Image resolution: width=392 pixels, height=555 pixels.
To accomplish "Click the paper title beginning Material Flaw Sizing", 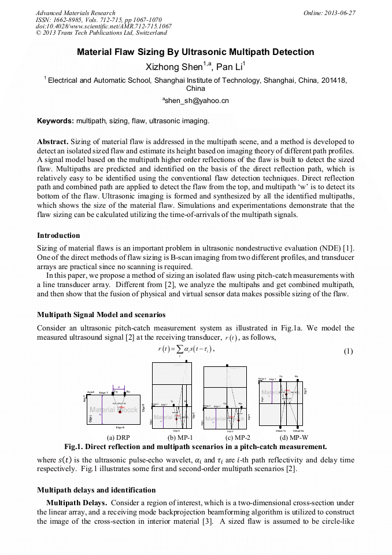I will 195,52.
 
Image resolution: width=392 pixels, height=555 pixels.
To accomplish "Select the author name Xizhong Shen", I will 172,67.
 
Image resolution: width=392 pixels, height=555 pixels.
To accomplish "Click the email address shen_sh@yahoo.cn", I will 197,101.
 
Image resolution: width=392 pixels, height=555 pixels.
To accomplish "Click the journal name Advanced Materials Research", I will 75,13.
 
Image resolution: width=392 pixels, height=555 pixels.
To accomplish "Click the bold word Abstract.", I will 53,141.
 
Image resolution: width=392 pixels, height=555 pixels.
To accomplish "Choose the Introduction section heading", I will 58,236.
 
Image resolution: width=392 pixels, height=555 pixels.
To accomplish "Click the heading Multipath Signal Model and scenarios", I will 101,315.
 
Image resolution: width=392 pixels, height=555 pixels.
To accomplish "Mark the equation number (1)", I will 349,351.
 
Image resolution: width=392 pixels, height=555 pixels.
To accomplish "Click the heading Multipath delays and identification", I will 96,490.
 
